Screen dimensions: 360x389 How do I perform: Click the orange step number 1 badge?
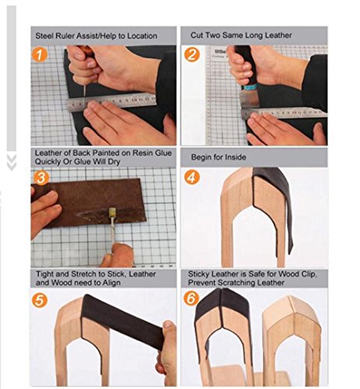pyautogui.click(x=40, y=54)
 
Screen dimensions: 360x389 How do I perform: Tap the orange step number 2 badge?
pyautogui.click(x=192, y=54)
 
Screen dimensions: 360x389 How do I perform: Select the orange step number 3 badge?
pyautogui.click(x=41, y=177)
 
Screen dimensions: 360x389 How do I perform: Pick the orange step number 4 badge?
pyautogui.click(x=192, y=177)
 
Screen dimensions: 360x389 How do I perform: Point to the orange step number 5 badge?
pyautogui.click(x=40, y=300)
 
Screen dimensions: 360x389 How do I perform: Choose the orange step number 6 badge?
pyautogui.click(x=191, y=298)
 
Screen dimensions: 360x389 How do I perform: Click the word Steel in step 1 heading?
pyautogui.click(x=43, y=36)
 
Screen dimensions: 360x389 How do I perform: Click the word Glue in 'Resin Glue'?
pyautogui.click(x=163, y=153)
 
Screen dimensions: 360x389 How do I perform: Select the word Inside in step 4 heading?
pyautogui.click(x=236, y=157)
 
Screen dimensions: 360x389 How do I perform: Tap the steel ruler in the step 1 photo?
pyautogui.click(x=111, y=103)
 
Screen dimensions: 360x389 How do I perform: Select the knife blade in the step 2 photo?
pyautogui.click(x=250, y=99)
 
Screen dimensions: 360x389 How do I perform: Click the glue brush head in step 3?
pyautogui.click(x=112, y=212)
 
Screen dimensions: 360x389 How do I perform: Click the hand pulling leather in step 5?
pyautogui.click(x=166, y=352)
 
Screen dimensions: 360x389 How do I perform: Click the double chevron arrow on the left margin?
pyautogui.click(x=12, y=163)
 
